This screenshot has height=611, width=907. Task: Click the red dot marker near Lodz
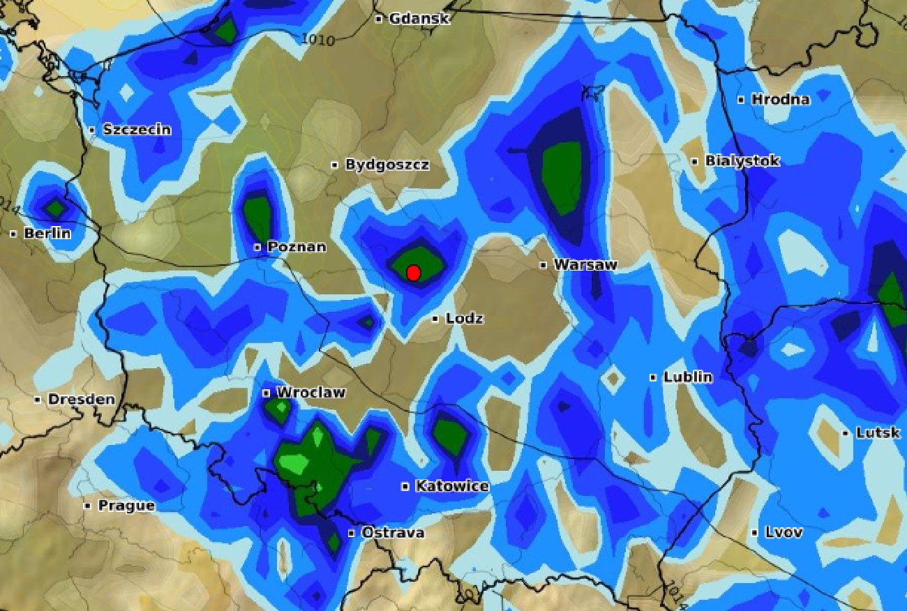(x=413, y=273)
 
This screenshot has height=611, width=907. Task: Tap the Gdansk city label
(x=419, y=19)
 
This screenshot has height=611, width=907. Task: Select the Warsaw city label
(x=585, y=265)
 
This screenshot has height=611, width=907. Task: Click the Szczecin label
(x=137, y=129)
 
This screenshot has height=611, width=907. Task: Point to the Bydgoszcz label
(x=387, y=165)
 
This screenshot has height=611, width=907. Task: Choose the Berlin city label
(x=47, y=234)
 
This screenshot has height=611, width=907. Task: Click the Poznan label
(x=297, y=247)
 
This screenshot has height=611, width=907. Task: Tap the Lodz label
(x=464, y=319)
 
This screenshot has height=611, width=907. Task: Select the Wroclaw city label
(x=310, y=393)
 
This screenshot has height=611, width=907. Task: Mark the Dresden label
(x=81, y=400)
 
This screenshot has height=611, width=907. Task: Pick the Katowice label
(x=451, y=486)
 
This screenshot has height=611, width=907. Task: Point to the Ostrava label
(x=392, y=533)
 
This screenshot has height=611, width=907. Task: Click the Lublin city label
(x=687, y=377)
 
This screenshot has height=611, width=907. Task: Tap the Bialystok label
(x=742, y=161)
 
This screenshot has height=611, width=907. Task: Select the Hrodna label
(x=780, y=100)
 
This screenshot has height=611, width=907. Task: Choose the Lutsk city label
(x=877, y=433)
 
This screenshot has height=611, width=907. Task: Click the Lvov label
(x=784, y=533)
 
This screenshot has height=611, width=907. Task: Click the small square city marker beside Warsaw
(x=544, y=265)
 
